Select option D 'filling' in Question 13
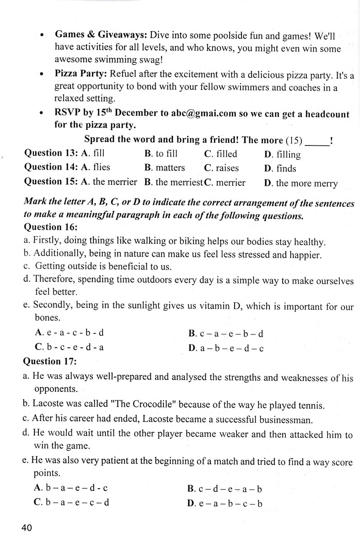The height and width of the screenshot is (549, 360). point(282,155)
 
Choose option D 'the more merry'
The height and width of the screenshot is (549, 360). point(301,183)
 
